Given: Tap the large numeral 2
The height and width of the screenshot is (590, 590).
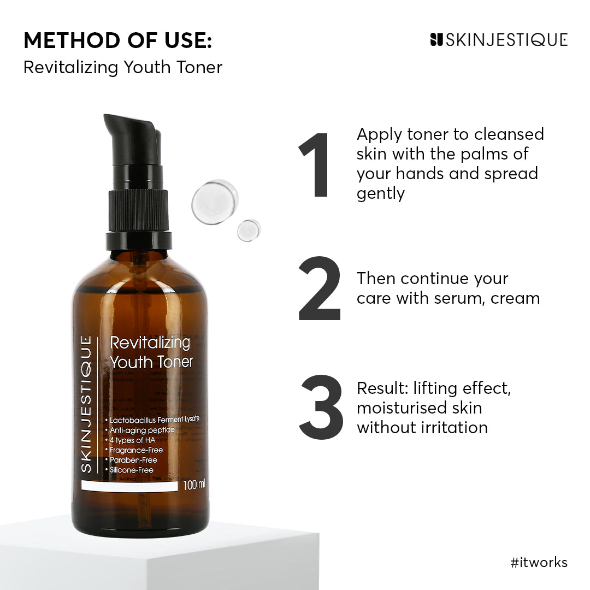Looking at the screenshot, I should click(x=320, y=288).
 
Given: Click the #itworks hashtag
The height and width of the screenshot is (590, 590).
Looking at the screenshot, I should click(x=539, y=563).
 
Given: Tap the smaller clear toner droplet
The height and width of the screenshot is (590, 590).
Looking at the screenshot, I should click(x=249, y=230).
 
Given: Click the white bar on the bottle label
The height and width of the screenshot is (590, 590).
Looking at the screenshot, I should click(x=129, y=486).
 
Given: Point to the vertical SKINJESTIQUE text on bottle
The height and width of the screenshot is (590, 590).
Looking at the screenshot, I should click(x=87, y=404).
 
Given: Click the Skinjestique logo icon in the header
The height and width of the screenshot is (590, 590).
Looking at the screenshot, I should click(x=436, y=40).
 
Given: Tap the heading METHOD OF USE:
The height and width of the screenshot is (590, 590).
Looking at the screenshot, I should click(x=117, y=40).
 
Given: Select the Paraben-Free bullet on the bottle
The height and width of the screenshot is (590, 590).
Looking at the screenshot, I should click(x=133, y=460).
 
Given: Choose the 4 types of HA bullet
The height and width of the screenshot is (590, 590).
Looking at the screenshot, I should click(x=131, y=440).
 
